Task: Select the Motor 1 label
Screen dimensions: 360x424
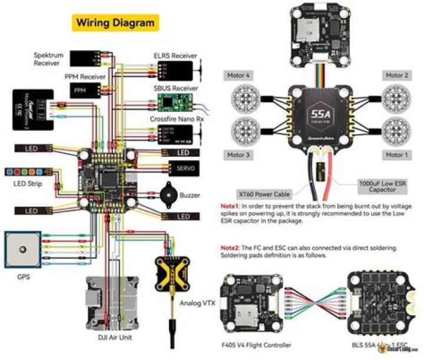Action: pos(395,155)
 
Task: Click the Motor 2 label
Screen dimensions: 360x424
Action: pos(395,75)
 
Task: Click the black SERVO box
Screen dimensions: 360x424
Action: pos(183,169)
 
